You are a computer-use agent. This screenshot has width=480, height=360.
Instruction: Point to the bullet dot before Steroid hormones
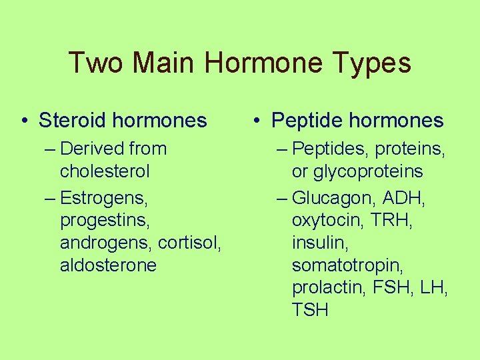pos(25,121)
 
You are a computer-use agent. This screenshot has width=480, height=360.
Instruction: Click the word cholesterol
pos(105,171)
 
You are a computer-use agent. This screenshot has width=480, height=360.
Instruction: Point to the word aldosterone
pos(108,265)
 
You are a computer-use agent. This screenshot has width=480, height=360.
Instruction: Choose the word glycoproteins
pos(357,171)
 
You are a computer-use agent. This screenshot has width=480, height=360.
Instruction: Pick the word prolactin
pos(325,288)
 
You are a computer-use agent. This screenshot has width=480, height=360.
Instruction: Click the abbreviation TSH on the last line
pos(310,311)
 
